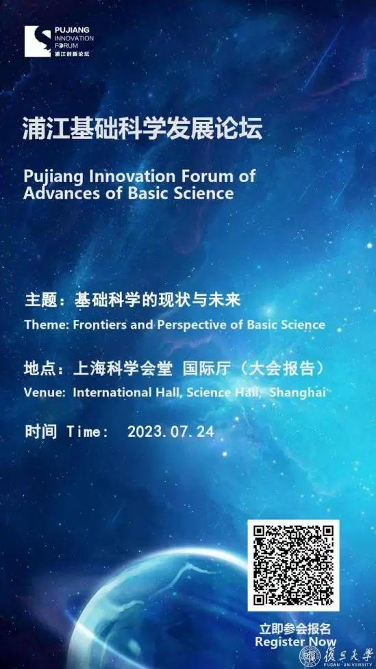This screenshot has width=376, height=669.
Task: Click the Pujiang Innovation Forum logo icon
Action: click(38, 41)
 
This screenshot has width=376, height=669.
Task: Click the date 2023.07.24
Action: click(171, 432)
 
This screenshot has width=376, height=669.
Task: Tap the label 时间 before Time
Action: click(40, 432)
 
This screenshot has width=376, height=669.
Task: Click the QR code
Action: click(294, 565)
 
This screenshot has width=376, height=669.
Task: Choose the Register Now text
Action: click(296, 641)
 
